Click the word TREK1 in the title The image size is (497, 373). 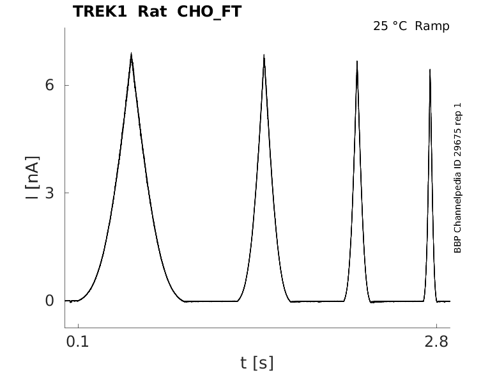pos(100,12)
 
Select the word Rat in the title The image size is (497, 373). pos(152,12)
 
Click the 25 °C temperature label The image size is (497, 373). pos(390,26)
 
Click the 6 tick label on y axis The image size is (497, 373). pos(49,85)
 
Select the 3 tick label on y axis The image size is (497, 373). pos(49,193)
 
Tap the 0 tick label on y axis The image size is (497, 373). pos(49,301)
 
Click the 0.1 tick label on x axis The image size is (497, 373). pos(78,342)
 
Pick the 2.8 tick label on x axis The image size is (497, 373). pos(436,342)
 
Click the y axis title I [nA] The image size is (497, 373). pos(32,177)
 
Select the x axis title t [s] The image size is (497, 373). pos(257,363)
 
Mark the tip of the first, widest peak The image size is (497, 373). pos(131,53)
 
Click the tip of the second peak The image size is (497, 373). pos(264,55)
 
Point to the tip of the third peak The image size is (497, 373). pos(357,61)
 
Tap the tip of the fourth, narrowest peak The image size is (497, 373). pos(430,69)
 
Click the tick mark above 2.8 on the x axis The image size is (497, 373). pos(436,326)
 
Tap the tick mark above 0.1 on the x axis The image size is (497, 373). pos(78,326)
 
